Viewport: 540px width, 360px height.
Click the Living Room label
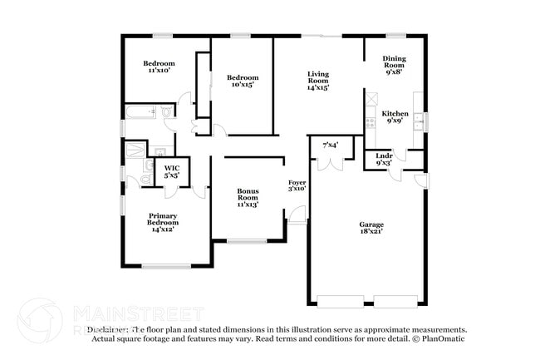[318, 80]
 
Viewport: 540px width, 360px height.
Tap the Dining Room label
[394, 66]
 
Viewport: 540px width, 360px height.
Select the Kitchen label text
[395, 117]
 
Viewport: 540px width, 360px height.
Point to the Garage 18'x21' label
[371, 228]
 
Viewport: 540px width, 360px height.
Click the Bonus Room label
[248, 197]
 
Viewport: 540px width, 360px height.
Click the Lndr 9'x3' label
[384, 159]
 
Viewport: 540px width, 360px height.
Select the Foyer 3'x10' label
[297, 185]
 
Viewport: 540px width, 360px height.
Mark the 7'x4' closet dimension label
[330, 145]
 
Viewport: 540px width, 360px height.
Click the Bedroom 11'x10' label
[159, 67]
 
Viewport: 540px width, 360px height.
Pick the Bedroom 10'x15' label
[241, 80]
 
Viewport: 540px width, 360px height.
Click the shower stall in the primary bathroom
[134, 150]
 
